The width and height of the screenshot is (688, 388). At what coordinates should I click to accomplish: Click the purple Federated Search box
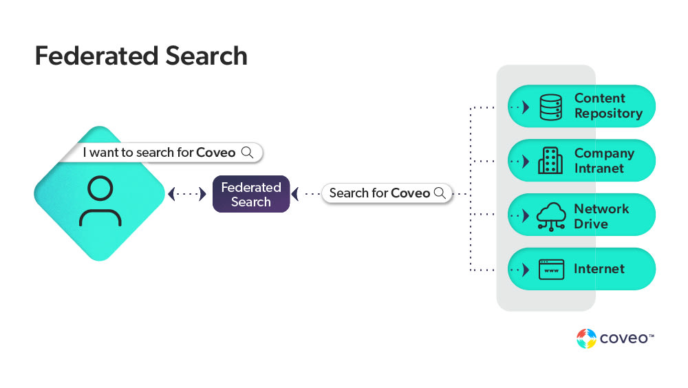(251, 194)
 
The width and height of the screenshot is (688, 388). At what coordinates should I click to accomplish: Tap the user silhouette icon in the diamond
(100, 201)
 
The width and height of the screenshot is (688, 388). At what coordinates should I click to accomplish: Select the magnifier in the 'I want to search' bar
(248, 152)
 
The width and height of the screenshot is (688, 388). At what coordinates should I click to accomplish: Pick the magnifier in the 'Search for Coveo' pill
(440, 193)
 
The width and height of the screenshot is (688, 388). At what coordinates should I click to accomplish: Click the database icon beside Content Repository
(550, 107)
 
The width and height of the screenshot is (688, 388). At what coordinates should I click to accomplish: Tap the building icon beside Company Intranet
(550, 161)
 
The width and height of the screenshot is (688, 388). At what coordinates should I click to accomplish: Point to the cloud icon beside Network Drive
(550, 216)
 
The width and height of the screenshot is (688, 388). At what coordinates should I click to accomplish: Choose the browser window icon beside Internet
(551, 269)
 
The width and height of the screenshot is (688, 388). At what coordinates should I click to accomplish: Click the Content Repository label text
(608, 106)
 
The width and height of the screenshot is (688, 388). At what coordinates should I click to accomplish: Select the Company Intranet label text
(604, 161)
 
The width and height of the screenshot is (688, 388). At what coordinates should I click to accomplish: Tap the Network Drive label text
(601, 216)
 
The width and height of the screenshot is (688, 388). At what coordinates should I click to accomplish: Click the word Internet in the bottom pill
(599, 269)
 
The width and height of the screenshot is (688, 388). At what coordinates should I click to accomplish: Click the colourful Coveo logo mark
(586, 338)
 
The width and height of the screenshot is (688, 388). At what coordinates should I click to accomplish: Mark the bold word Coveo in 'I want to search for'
(216, 153)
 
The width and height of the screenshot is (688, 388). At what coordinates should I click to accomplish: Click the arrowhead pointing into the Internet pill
(526, 269)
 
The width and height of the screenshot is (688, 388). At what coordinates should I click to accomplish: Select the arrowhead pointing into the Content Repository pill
(526, 107)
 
